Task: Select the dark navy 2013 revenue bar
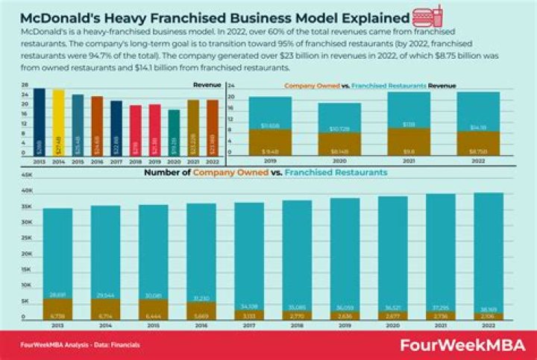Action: pos(39,122)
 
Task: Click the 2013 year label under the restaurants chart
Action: pos(57,326)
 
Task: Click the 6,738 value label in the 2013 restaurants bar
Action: pos(57,315)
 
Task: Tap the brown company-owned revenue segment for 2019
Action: pos(270,142)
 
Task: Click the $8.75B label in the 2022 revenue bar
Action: pos(478,151)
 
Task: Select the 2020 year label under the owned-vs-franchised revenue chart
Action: pos(339,160)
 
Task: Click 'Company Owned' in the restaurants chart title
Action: pos(227,172)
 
